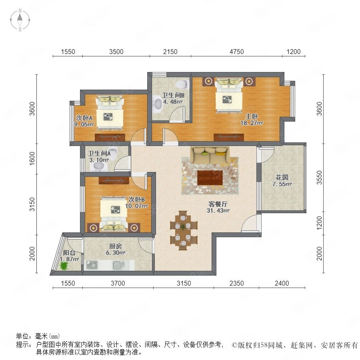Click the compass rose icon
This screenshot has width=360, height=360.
click(x=20, y=20)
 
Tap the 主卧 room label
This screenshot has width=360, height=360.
click(x=252, y=117)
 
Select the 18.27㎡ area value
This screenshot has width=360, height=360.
click(x=252, y=123)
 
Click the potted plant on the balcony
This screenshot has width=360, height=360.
click(x=64, y=266)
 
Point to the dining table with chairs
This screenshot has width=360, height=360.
click(x=184, y=230)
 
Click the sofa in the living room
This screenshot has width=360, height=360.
click(x=210, y=155)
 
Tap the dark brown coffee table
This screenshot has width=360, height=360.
click(x=210, y=178)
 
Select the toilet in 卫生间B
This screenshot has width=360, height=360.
click(x=182, y=84)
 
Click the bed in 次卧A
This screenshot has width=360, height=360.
click(x=110, y=112)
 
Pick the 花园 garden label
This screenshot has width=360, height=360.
click(x=282, y=178)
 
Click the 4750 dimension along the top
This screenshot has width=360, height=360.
click(x=237, y=52)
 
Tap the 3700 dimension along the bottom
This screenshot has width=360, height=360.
click(x=118, y=283)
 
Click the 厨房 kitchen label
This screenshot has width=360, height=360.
click(x=115, y=246)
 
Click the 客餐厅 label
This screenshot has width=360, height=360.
click(x=218, y=204)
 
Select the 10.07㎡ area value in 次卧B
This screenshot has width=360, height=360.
click(x=136, y=206)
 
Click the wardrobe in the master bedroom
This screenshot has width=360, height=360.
click(x=229, y=137)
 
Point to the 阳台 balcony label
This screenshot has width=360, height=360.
click(x=69, y=253)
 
